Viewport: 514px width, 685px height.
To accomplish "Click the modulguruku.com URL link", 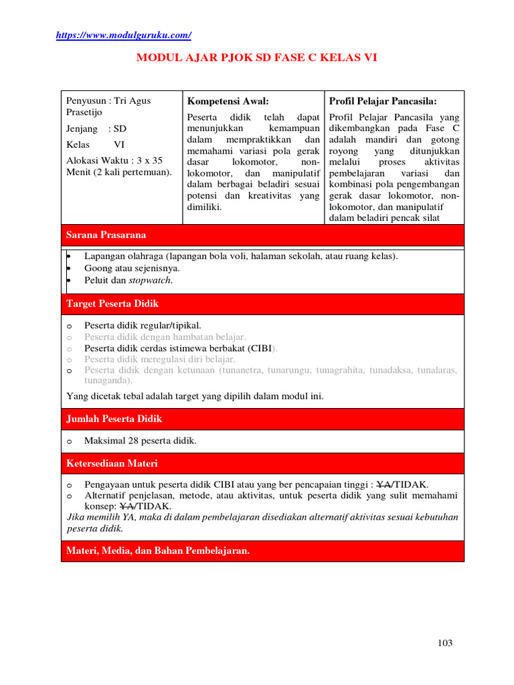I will point(123,35).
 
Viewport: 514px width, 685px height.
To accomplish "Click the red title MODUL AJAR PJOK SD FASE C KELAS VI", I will point(257,58).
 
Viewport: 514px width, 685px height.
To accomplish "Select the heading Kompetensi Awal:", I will point(228,101).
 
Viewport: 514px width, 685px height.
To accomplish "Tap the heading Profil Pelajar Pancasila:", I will point(383,101).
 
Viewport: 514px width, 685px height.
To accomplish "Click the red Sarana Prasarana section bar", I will point(262,235).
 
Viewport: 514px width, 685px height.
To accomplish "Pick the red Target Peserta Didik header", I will point(262,304).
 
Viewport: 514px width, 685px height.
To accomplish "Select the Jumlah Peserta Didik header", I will point(262,419).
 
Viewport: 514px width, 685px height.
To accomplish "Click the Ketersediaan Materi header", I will point(262,463).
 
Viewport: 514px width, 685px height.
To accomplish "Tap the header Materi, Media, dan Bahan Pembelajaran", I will point(262,551).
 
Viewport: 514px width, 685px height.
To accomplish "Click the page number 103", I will point(445,643).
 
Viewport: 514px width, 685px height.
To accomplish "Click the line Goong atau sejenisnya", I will point(132,268).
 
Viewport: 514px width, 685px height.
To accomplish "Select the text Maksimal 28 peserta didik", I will point(140,441).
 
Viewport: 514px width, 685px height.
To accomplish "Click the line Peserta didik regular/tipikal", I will point(143,326).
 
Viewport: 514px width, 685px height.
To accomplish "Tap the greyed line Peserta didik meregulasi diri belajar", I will point(159,359).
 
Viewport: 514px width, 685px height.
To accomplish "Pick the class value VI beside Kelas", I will point(119,144).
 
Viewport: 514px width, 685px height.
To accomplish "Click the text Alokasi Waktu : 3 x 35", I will point(114,160).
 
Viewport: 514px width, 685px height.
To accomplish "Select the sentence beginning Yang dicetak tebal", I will point(195,396).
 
